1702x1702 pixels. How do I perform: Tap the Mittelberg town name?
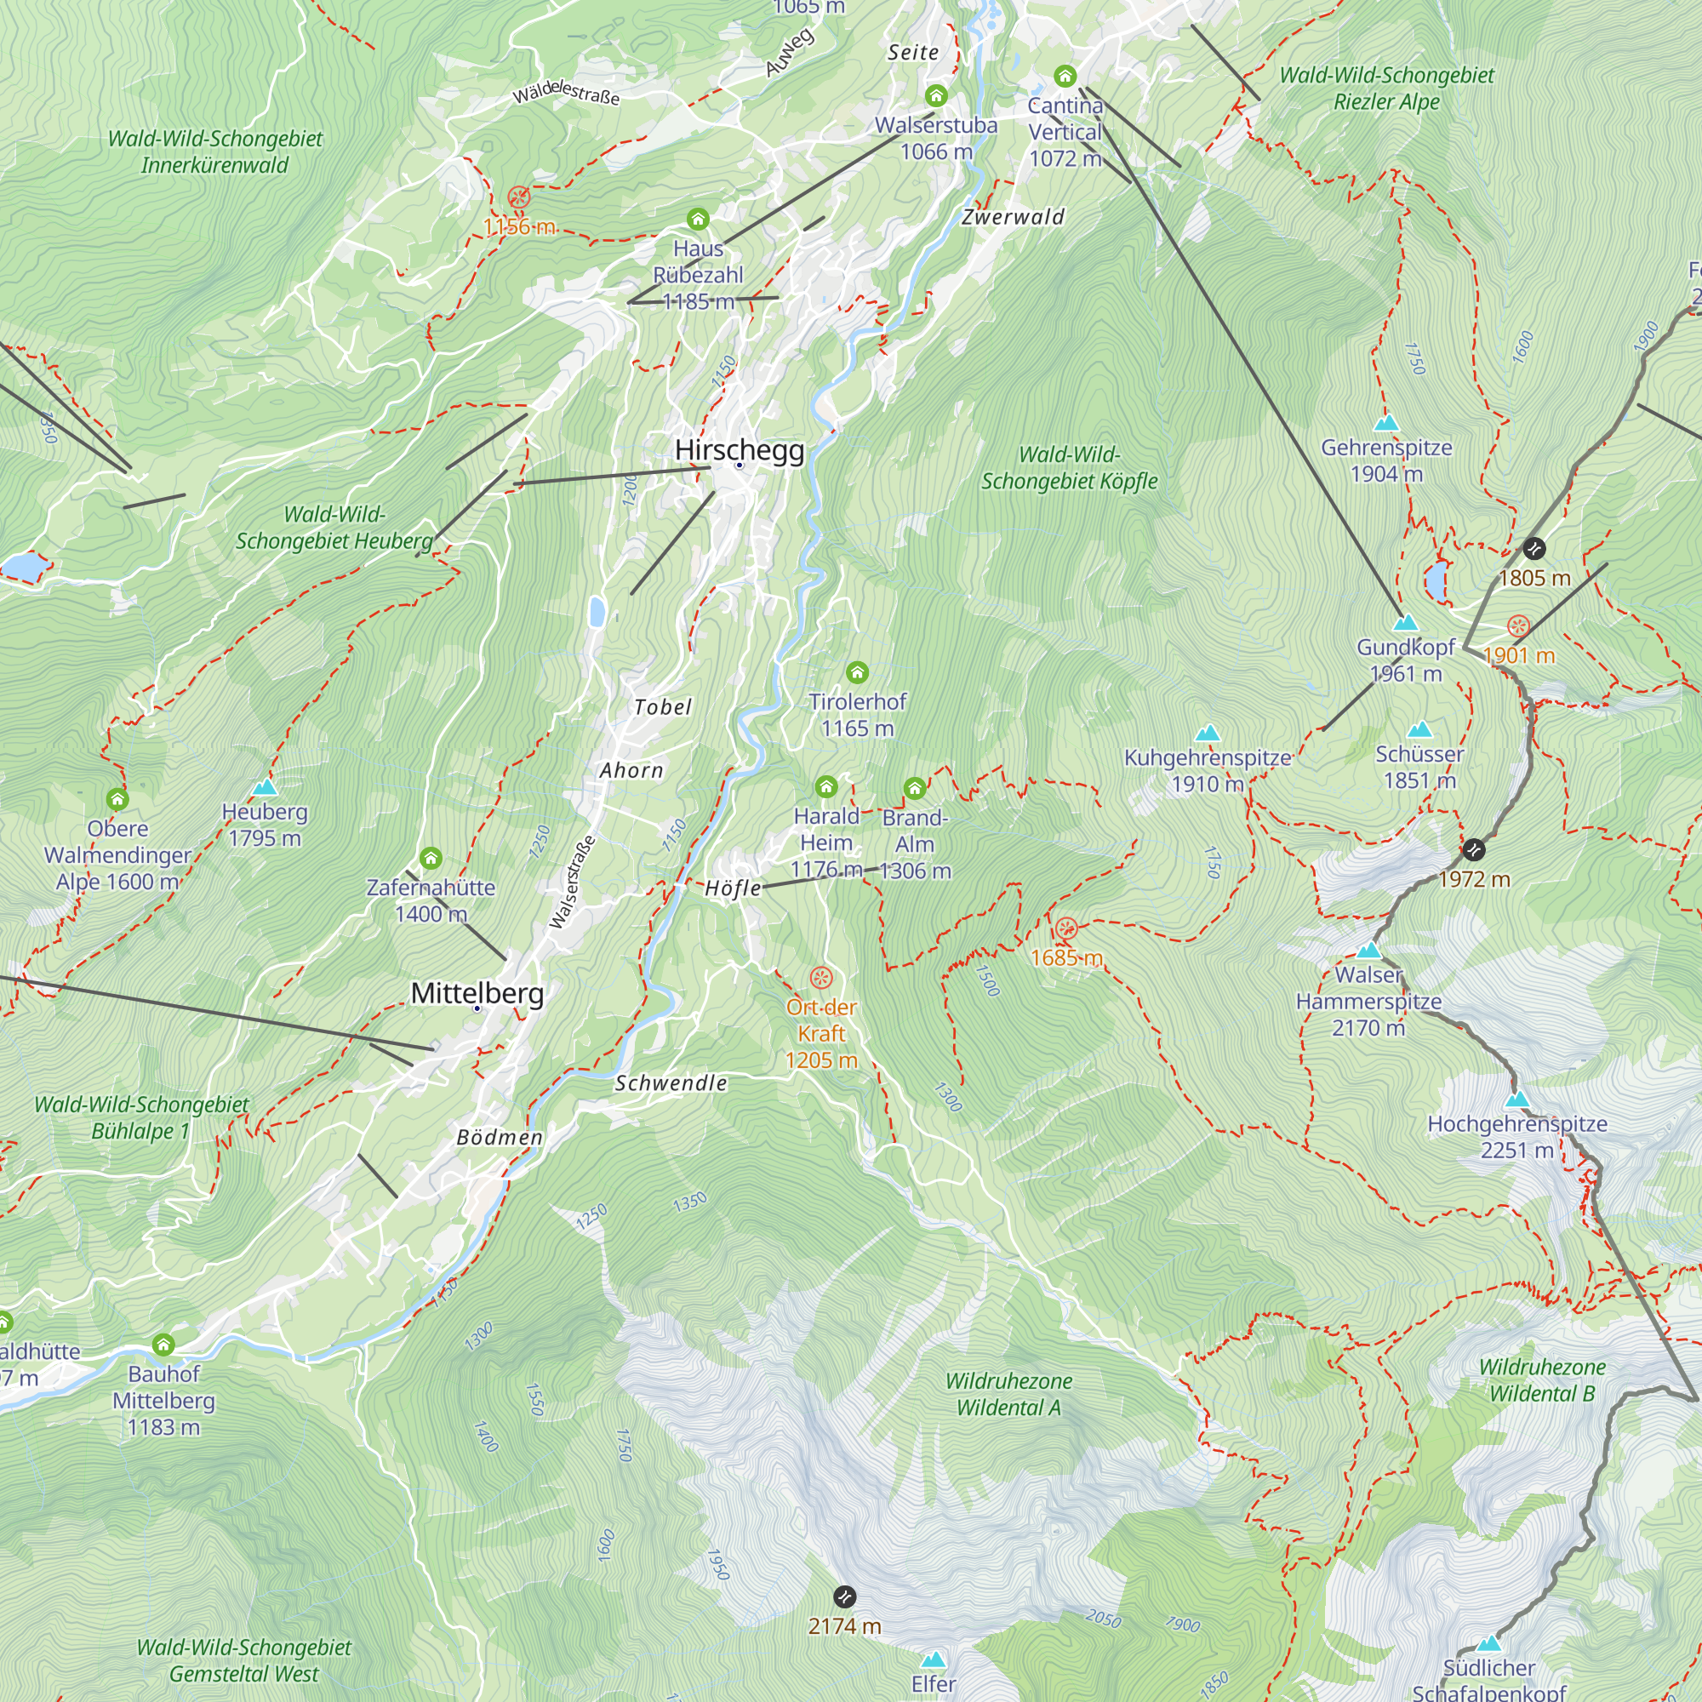coord(477,993)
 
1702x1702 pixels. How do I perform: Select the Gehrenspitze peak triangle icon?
coord(1386,423)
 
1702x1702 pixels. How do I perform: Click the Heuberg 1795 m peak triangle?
coord(265,787)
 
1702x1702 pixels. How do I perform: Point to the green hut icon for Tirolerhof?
coord(857,673)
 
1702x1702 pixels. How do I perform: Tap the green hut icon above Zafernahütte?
coord(430,858)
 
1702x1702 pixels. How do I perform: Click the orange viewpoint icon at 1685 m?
coord(1066,928)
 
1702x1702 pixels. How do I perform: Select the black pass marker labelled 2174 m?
coord(844,1596)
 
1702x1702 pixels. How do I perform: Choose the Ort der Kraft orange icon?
coord(821,978)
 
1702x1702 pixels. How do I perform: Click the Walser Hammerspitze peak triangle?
coord(1368,951)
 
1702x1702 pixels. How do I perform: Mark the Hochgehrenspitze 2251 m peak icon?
coord(1517,1099)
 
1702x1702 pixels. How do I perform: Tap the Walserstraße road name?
coord(572,882)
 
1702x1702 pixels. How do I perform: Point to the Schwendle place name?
coord(671,1082)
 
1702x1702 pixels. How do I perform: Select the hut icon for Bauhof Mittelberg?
coord(163,1345)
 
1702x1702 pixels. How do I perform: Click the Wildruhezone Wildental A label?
coord(1008,1394)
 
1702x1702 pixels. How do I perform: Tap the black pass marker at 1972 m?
coord(1474,850)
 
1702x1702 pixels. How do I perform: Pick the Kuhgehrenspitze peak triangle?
coord(1207,733)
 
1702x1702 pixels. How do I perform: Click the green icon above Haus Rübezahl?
coord(698,219)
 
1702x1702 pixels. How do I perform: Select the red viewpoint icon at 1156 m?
coord(519,197)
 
